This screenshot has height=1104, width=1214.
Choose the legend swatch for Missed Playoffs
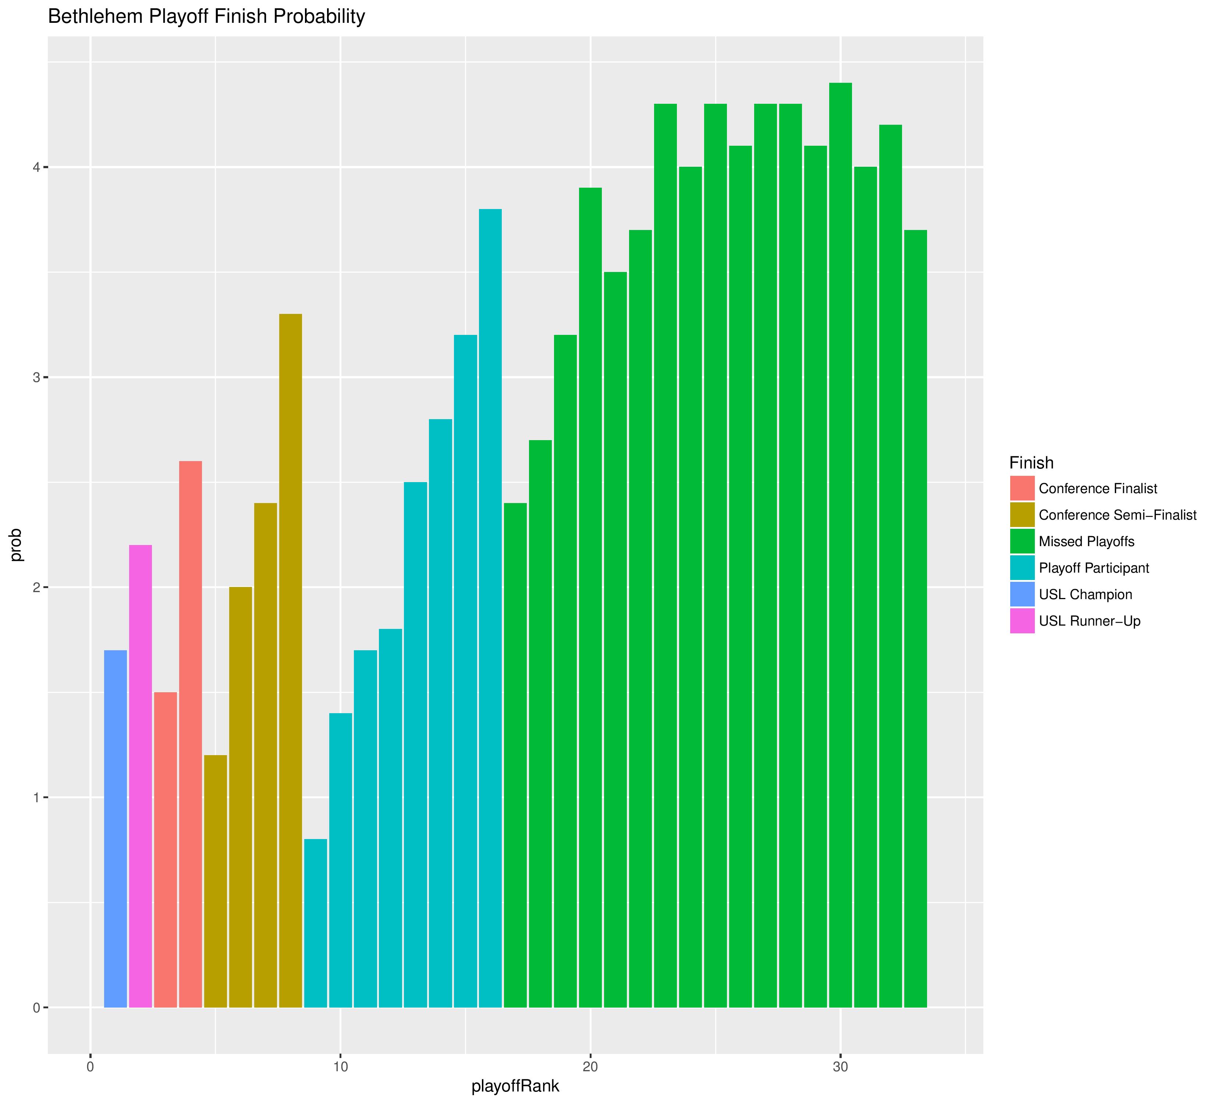click(x=1022, y=541)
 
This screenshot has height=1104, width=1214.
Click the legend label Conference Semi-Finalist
click(x=1117, y=515)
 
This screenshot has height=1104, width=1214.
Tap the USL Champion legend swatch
click(x=1022, y=594)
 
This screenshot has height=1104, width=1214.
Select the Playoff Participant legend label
click(x=1094, y=568)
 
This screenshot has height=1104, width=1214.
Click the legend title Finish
click(x=1031, y=463)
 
